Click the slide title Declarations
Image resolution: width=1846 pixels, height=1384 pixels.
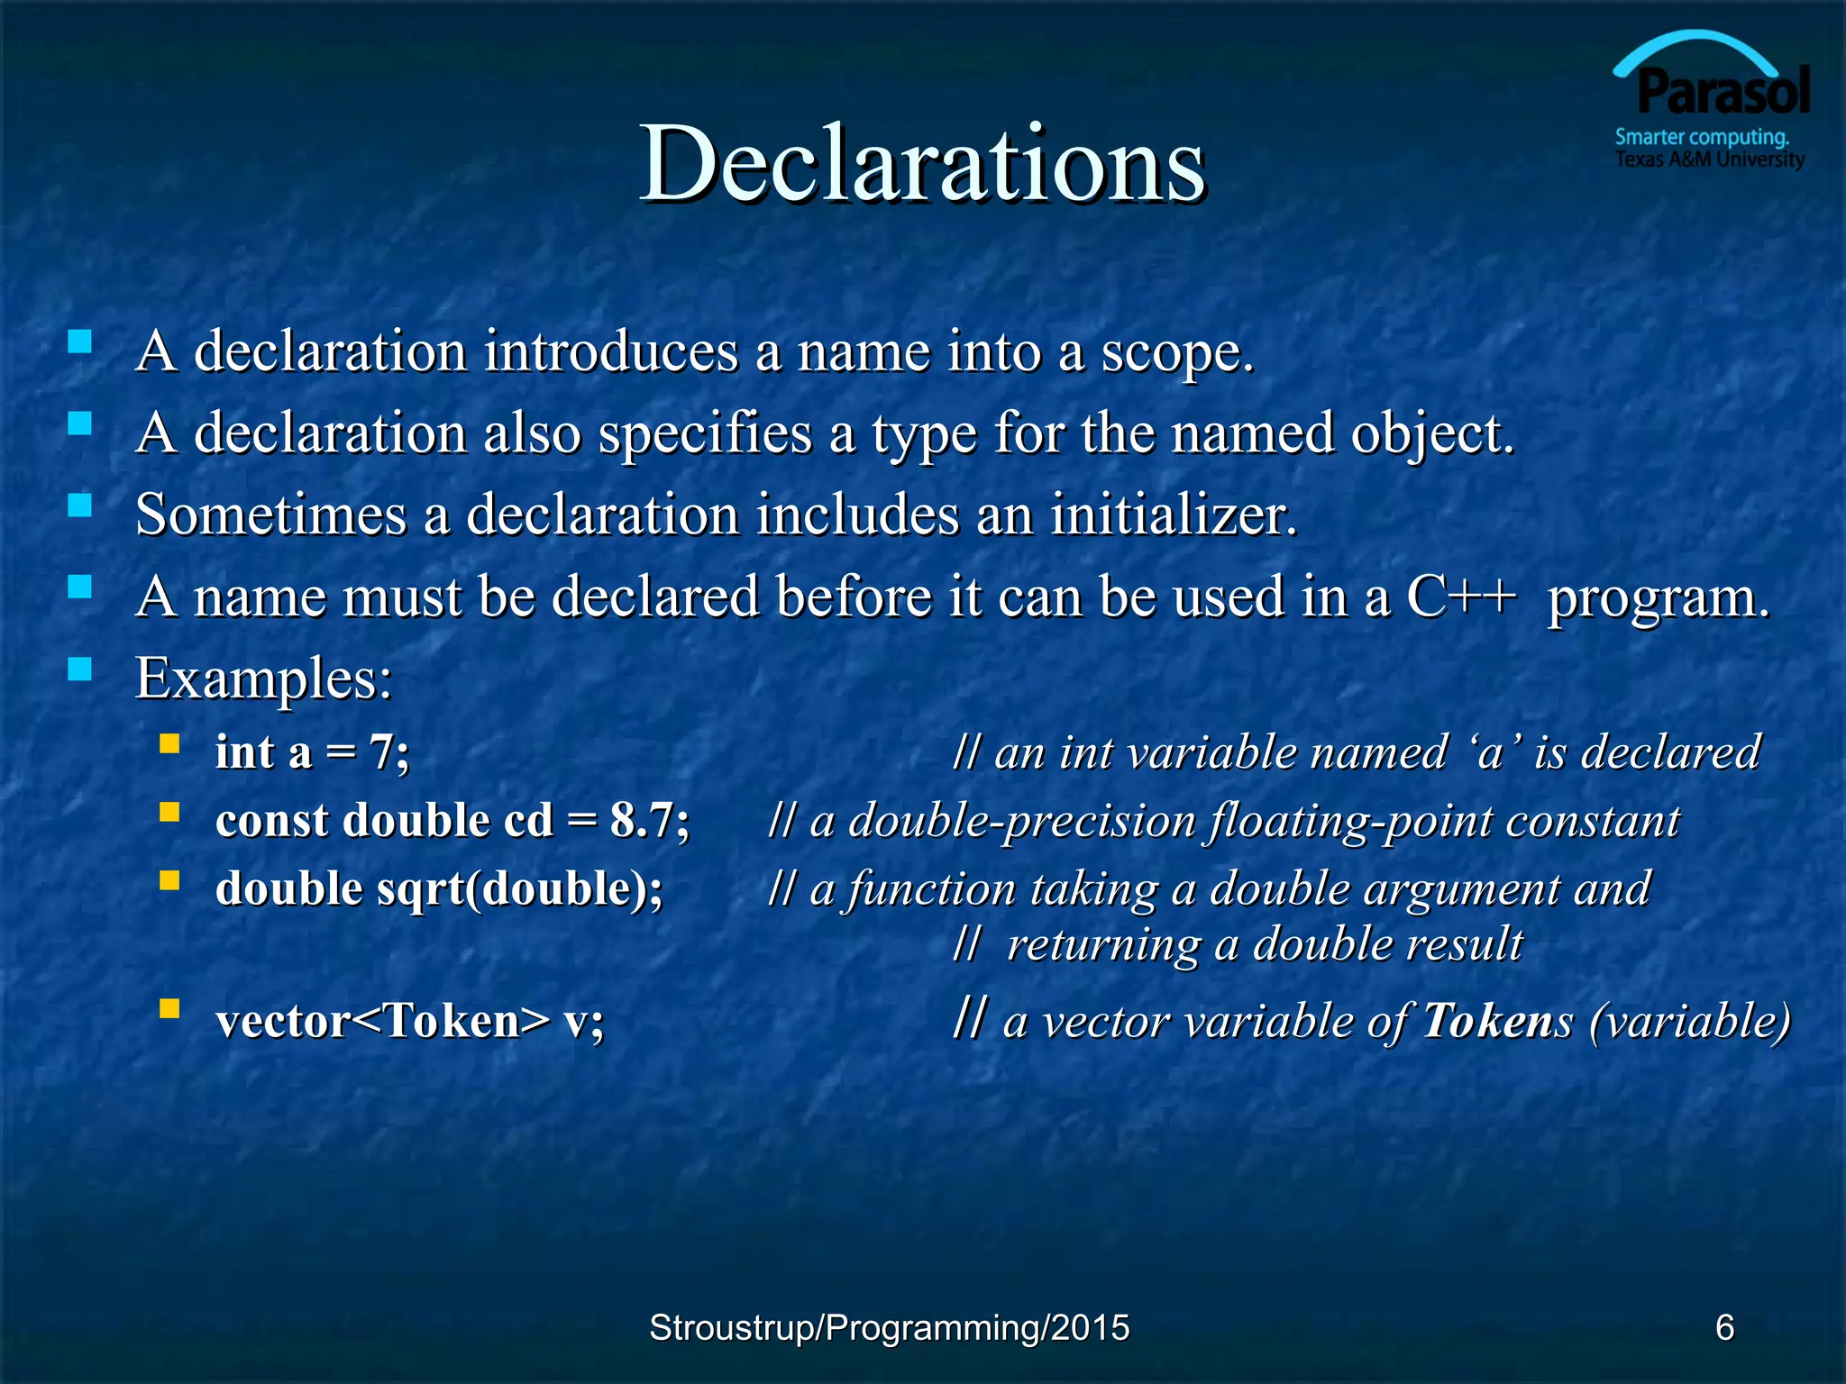click(x=922, y=164)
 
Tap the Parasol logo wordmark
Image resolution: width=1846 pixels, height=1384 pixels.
click(x=1723, y=92)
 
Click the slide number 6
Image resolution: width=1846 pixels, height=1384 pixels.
click(x=1724, y=1327)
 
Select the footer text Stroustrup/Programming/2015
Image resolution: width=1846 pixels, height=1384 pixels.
click(x=889, y=1327)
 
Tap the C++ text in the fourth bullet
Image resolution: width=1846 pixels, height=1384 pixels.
click(x=1461, y=596)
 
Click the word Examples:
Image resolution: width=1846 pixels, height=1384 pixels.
click(x=263, y=678)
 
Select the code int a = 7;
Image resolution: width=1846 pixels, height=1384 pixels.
click(x=312, y=752)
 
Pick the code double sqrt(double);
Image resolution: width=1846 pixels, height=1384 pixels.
click(x=439, y=889)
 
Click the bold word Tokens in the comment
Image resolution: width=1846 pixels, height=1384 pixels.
click(x=1497, y=1021)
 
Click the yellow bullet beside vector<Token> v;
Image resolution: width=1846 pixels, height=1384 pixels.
click(x=169, y=1007)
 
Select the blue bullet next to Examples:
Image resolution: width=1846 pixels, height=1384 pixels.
click(x=80, y=668)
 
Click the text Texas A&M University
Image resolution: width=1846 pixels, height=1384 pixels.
click(x=1709, y=159)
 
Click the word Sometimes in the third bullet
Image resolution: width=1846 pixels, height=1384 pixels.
click(x=270, y=515)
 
